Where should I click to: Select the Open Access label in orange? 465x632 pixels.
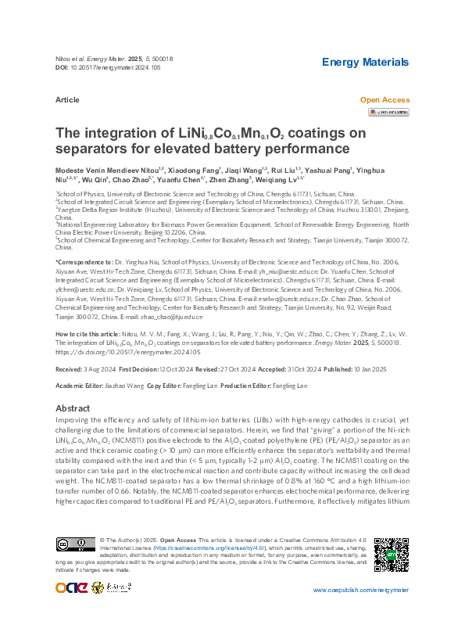pyautogui.click(x=384, y=100)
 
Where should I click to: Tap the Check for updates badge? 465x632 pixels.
pyautogui.click(x=388, y=113)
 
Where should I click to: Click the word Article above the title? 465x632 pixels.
pyautogui.click(x=67, y=101)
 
